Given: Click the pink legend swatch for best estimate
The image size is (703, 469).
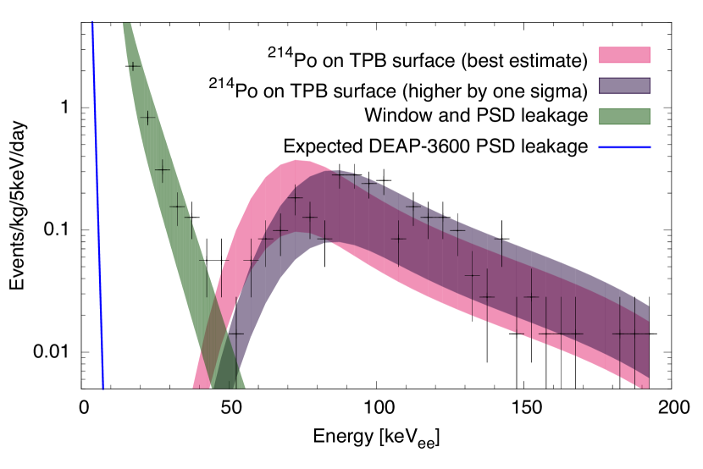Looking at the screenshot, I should pos(624,55).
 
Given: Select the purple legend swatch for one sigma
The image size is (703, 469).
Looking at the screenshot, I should pos(624,85).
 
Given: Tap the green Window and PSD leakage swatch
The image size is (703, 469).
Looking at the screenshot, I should pos(624,114).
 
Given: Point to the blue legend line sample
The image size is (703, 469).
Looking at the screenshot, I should pos(624,146).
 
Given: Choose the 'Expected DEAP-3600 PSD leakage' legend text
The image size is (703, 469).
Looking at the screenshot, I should pos(435,146).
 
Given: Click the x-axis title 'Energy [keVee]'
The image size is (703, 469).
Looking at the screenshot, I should pos(377,438).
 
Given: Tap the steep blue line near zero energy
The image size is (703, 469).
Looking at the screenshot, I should pos(97,212).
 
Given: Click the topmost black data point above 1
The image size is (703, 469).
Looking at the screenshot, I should pos(133,66).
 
